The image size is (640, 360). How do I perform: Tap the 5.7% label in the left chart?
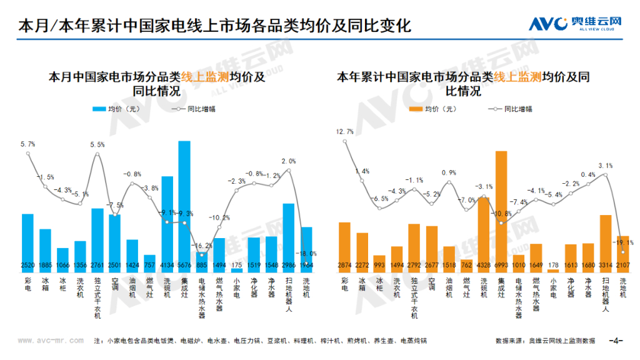tap(27, 144)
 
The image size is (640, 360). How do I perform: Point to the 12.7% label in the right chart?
tap(344, 132)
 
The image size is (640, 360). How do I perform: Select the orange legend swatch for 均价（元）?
tap(414, 109)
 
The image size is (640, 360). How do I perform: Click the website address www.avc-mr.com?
tap(49, 341)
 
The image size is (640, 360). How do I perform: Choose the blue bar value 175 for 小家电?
tap(236, 266)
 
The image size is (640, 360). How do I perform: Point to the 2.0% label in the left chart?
tap(289, 161)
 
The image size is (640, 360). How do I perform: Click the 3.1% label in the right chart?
tap(605, 166)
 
